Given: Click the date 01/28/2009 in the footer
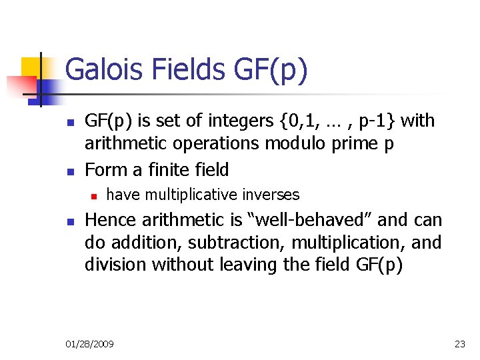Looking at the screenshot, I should click(89, 344).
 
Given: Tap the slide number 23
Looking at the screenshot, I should click(459, 344).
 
